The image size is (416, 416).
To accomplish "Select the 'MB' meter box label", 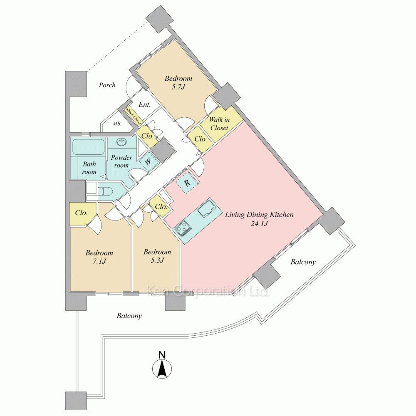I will [117, 124].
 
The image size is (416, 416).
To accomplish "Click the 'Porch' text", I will [107, 85].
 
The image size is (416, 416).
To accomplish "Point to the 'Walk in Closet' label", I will [219, 124].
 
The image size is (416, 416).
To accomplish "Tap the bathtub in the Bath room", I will [88, 147].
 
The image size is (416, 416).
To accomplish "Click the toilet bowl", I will [106, 192].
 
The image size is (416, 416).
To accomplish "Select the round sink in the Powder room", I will [122, 143].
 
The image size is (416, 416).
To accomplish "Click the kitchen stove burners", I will [183, 228].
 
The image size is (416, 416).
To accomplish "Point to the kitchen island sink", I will [206, 209].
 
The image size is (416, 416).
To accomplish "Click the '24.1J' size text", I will [259, 224].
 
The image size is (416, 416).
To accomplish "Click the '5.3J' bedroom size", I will [157, 260].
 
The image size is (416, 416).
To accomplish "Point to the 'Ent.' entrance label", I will [144, 104].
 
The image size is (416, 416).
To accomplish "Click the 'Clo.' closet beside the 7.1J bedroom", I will [81, 213].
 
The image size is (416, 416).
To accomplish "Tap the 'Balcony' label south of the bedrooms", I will [129, 316].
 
